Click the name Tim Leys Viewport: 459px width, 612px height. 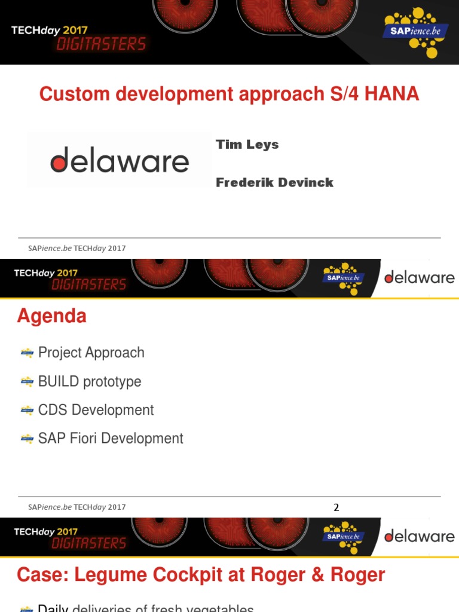tap(247, 145)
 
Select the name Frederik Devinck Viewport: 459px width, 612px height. tap(274, 183)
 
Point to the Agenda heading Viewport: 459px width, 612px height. tap(52, 316)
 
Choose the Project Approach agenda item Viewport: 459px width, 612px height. tap(91, 353)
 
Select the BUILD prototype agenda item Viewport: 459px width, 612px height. tap(90, 381)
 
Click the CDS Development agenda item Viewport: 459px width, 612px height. tap(96, 410)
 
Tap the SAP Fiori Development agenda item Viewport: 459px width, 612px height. tap(111, 439)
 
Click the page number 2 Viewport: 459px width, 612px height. tap(336, 507)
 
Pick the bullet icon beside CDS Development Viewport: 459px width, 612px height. tap(27, 410)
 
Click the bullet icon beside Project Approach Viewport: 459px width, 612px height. tap(27, 353)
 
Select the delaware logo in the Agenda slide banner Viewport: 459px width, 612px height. tap(420, 278)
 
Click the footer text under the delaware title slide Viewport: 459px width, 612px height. tap(76, 248)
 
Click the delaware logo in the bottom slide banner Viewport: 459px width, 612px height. tap(420, 536)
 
